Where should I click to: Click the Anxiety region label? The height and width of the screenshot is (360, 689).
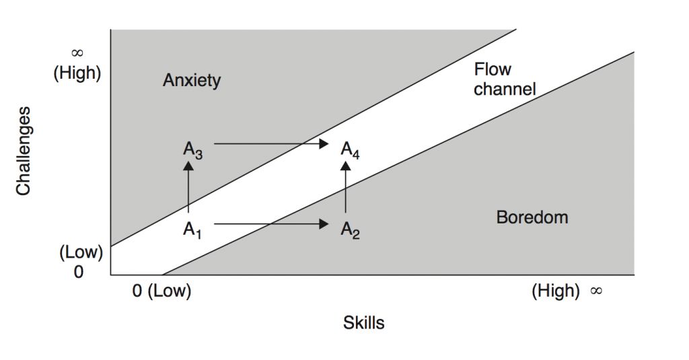click(192, 81)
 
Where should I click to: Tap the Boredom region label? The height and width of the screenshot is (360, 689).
click(532, 217)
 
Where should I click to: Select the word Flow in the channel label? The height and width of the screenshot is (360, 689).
click(493, 69)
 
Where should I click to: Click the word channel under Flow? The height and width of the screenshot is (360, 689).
click(505, 89)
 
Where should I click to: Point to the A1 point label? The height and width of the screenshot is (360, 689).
click(192, 229)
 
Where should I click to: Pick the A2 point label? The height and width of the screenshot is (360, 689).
click(350, 229)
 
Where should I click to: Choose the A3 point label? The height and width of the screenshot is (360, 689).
click(192, 149)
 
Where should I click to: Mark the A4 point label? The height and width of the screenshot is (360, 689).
click(350, 149)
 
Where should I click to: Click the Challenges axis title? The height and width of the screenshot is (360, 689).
click(24, 149)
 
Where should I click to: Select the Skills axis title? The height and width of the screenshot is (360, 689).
click(364, 323)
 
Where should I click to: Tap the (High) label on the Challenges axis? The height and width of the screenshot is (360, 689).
click(77, 73)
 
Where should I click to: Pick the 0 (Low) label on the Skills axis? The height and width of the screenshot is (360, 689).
click(161, 292)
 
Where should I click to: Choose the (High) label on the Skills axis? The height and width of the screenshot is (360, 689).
click(556, 291)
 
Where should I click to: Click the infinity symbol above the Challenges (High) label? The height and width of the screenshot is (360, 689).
click(77, 54)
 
